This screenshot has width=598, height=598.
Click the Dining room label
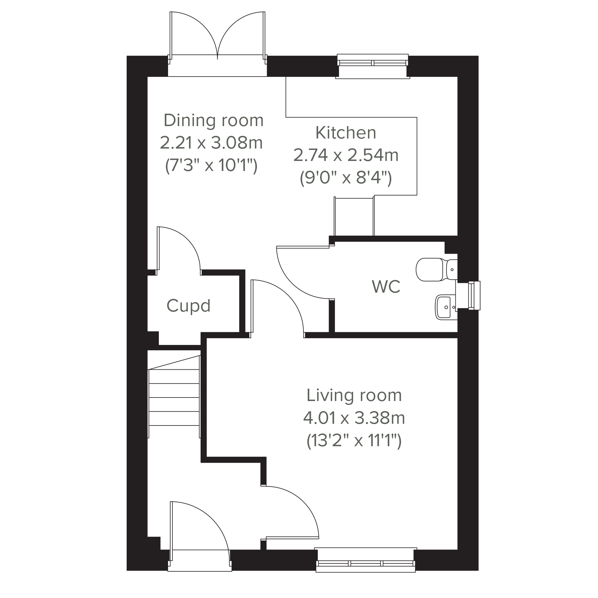(214, 120)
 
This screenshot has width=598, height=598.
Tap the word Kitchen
(346, 133)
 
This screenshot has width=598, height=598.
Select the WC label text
(386, 287)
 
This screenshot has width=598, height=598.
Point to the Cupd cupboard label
(188, 306)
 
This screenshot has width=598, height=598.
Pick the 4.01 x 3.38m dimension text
(354, 418)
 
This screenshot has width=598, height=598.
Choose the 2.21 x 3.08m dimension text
(211, 143)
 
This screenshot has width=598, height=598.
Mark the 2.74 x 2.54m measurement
(346, 155)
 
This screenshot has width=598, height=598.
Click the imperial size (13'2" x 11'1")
(354, 441)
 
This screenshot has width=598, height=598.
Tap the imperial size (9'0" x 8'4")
(346, 178)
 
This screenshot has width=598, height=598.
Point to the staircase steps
(174, 397)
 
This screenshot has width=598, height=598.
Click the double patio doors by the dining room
(217, 37)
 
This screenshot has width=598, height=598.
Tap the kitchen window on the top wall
(373, 66)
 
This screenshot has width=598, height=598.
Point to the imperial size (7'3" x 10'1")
(211, 166)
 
